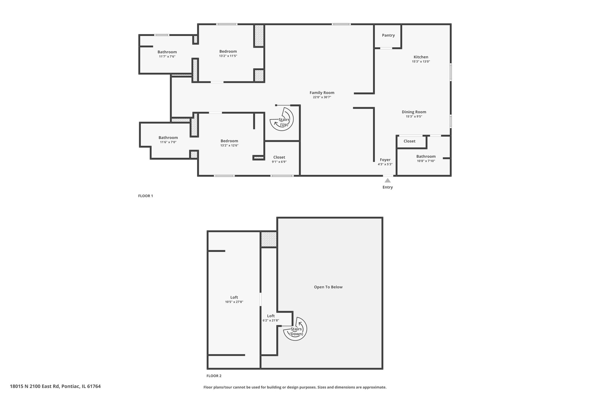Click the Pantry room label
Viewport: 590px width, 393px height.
tap(388, 35)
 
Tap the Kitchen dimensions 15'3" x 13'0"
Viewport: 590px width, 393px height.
tap(421, 61)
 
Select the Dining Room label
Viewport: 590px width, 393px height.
tap(414, 112)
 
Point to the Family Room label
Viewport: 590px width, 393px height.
tap(322, 93)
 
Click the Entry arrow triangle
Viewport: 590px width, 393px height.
tap(388, 181)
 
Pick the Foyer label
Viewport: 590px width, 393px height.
tap(385, 160)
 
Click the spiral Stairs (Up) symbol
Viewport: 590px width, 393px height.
tap(281, 119)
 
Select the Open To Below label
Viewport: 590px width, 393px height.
tap(328, 287)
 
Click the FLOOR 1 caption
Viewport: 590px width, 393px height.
tap(145, 196)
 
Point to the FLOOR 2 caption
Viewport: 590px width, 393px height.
tap(214, 376)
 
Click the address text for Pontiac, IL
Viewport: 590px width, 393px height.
tap(55, 386)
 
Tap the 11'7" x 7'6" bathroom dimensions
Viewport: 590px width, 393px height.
tap(167, 56)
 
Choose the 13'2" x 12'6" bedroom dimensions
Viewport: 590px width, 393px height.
tap(229, 145)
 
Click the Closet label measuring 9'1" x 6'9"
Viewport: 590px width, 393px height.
tap(279, 157)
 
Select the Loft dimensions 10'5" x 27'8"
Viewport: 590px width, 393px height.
tap(234, 302)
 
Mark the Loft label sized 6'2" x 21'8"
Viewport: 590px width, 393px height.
tap(271, 316)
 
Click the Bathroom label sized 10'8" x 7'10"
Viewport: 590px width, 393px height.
tap(426, 157)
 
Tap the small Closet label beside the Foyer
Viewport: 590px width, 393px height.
tap(409, 141)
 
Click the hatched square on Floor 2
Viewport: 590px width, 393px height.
tap(269, 239)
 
